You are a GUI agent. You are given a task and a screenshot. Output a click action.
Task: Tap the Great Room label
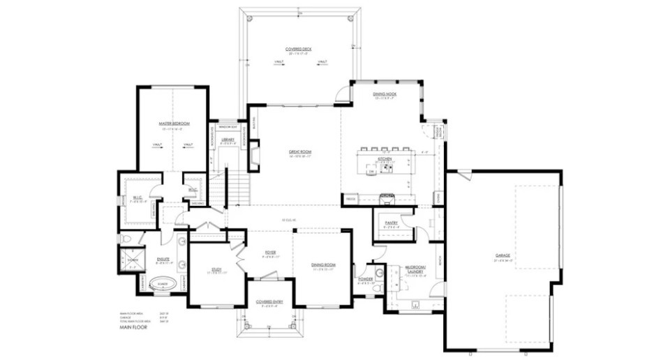tap(300, 151)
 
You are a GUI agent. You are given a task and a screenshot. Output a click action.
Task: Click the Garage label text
tap(503, 255)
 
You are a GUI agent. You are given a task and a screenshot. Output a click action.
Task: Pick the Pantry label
tap(392, 223)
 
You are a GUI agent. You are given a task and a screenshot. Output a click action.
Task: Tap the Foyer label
tap(270, 253)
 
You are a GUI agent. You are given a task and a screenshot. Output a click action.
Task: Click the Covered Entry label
tap(269, 301)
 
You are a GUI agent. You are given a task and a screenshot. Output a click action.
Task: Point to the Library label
tap(228, 140)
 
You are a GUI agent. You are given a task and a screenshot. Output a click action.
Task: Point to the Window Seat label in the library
tap(228, 128)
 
